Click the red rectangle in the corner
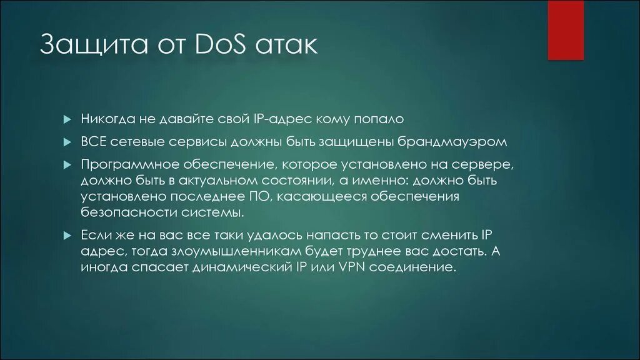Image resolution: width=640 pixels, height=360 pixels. pos(565,30)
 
